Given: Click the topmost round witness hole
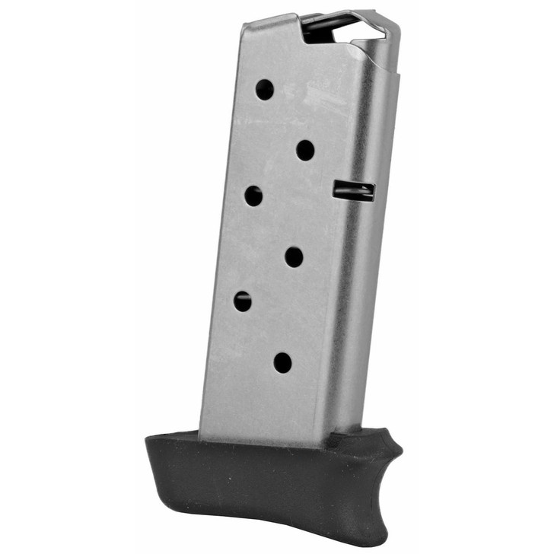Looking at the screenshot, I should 264,90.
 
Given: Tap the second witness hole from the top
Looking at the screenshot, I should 305,150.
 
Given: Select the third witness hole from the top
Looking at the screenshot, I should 253,196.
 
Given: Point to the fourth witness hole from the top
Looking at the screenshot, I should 294,256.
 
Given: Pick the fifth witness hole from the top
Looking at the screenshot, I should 243,301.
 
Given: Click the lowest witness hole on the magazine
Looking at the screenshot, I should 282,362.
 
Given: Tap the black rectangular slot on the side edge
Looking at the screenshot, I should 354,190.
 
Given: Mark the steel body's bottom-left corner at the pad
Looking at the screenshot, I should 201,435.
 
